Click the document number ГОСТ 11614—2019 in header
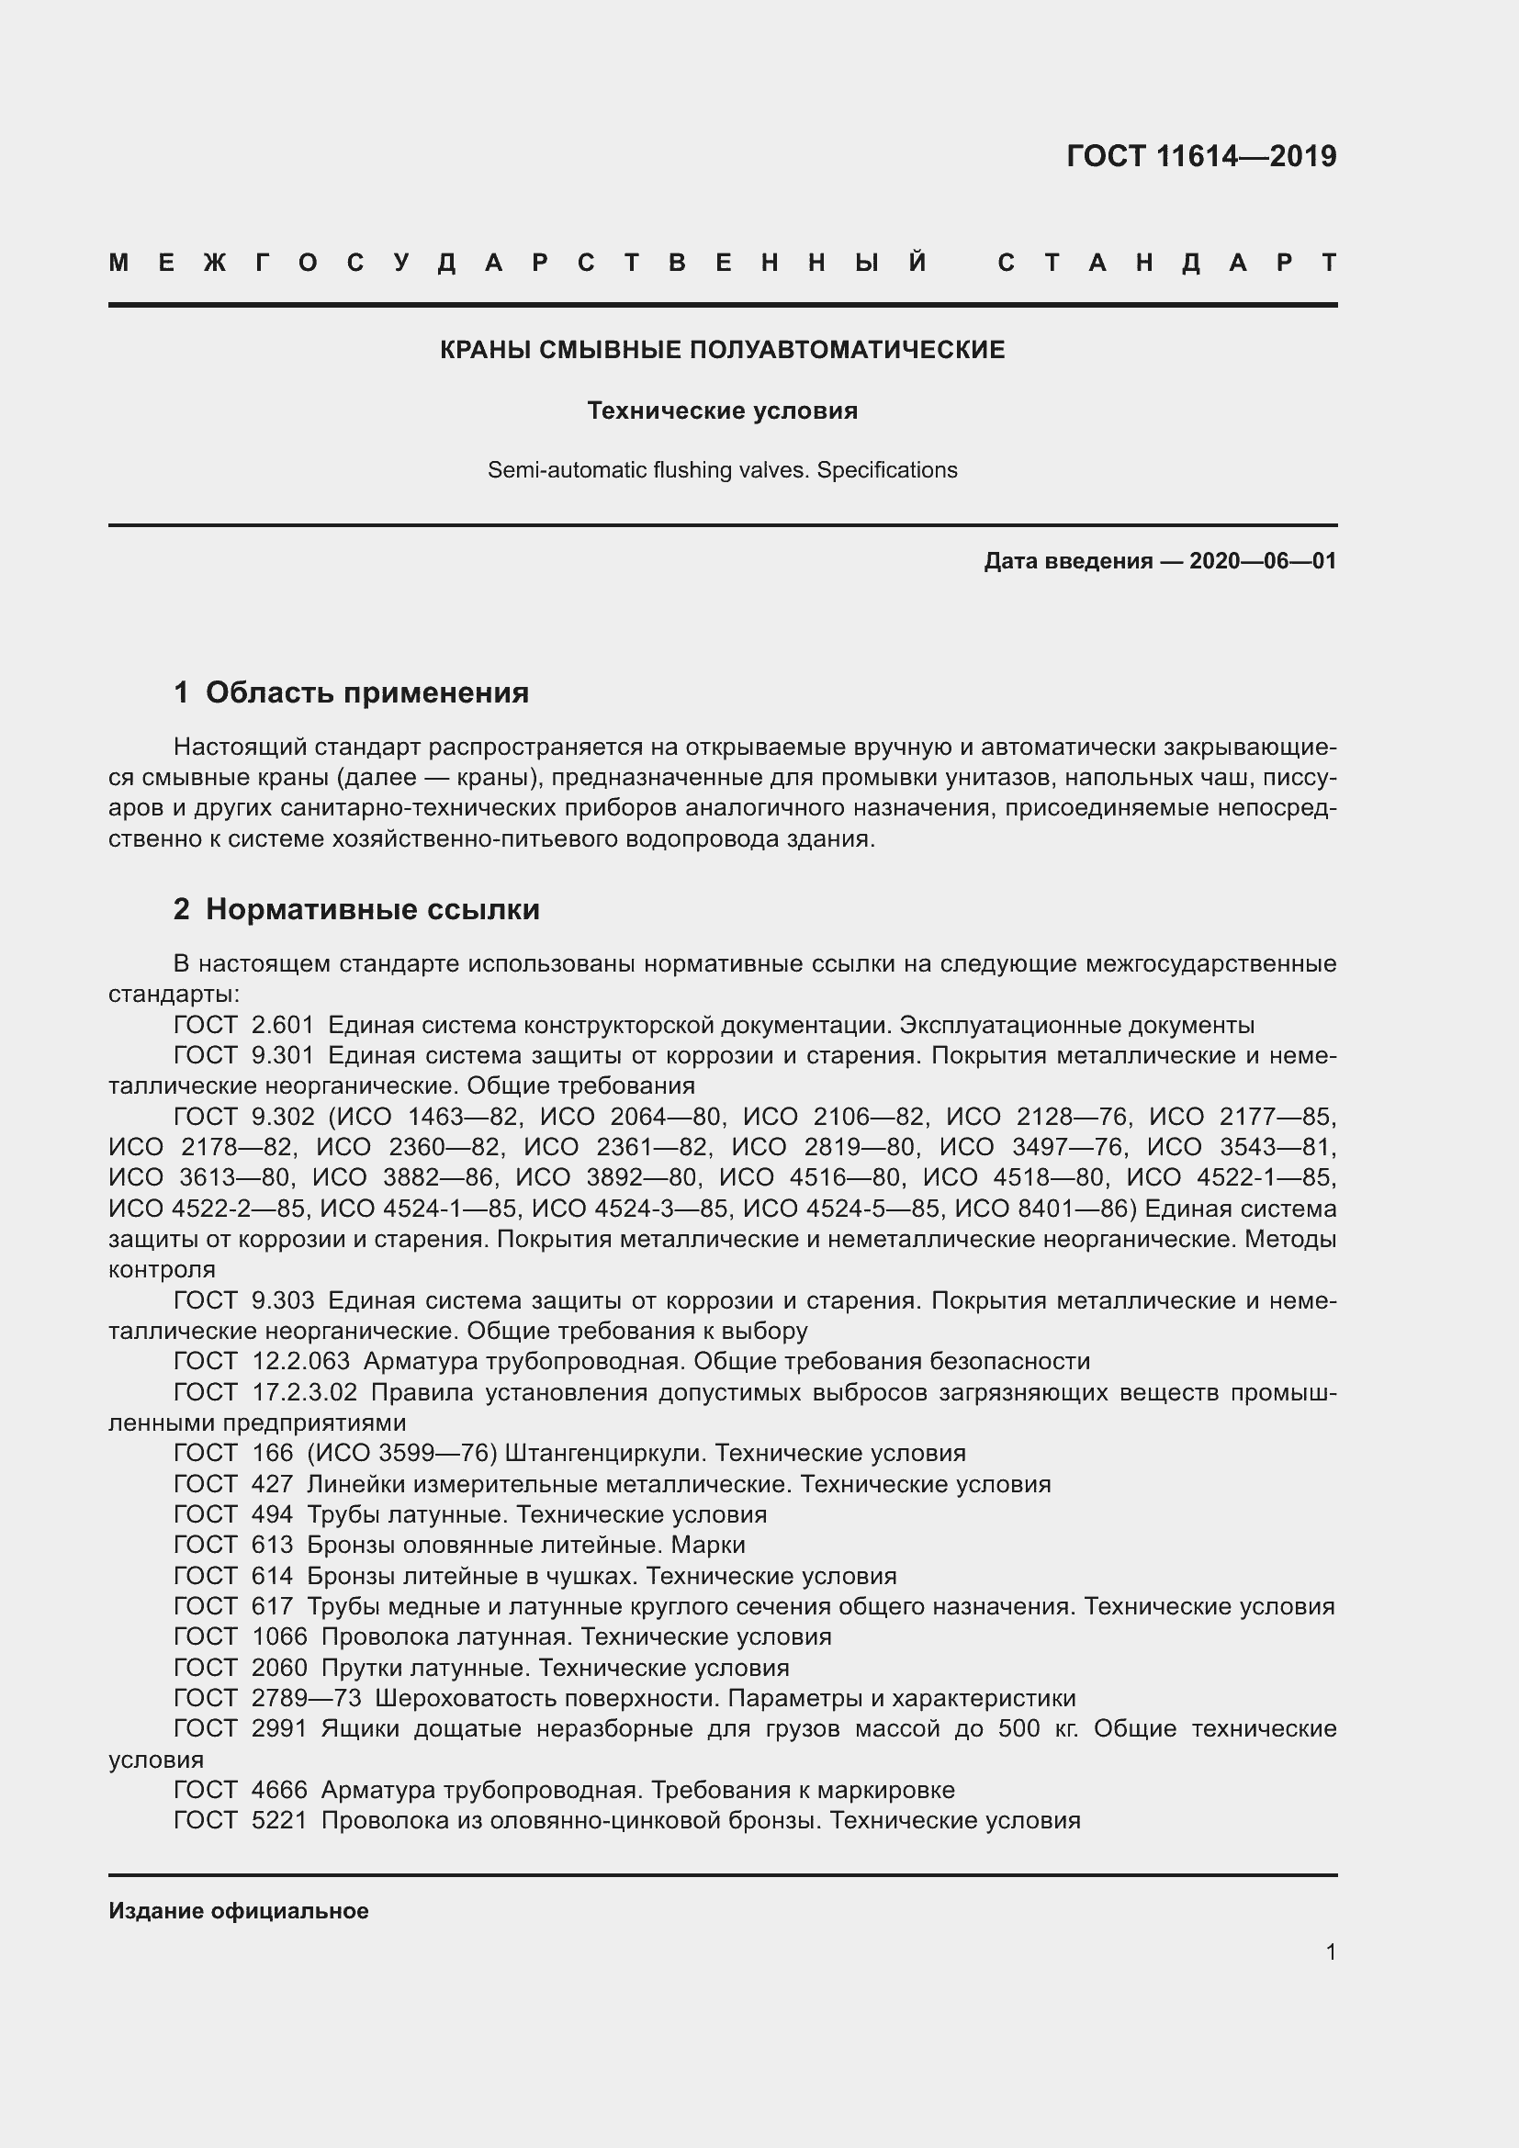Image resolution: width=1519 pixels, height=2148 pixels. (x=1201, y=156)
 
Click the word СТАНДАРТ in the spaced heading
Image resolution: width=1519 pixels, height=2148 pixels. (x=1167, y=263)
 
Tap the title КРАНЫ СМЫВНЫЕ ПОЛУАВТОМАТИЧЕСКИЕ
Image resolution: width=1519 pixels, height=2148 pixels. (x=722, y=351)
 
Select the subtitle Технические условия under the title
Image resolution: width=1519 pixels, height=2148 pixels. (x=722, y=410)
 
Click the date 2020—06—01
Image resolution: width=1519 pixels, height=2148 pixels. (x=1263, y=561)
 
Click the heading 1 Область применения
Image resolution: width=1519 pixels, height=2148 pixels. (x=351, y=693)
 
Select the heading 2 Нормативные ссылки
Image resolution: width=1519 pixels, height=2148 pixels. (x=356, y=909)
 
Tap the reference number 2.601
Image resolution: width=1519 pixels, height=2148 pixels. (x=283, y=1026)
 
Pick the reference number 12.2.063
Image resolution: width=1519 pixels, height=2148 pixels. (x=300, y=1361)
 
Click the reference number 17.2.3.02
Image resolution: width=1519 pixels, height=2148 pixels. (x=305, y=1392)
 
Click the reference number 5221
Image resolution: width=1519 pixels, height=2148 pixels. (x=279, y=1820)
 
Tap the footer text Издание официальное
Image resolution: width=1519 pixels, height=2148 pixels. (x=239, y=1911)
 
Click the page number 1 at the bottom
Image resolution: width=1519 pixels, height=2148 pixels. (x=1331, y=1952)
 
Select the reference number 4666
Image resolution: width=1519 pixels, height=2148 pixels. (x=279, y=1790)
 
